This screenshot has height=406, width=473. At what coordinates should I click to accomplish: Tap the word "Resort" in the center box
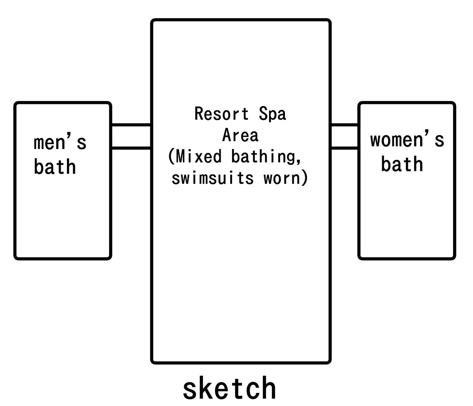click(x=222, y=114)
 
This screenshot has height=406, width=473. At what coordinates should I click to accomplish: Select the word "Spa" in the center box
click(x=272, y=114)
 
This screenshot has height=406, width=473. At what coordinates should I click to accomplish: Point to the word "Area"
click(x=240, y=135)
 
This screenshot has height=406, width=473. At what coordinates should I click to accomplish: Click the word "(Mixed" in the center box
click(x=195, y=156)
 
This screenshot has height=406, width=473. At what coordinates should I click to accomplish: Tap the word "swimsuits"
click(x=213, y=178)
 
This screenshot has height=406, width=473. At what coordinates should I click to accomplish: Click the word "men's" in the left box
click(x=60, y=143)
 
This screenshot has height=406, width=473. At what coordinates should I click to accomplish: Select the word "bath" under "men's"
click(x=55, y=167)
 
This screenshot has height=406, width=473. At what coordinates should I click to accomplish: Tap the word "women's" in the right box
click(x=407, y=140)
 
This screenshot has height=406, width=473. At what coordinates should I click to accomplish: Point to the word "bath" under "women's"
click(x=402, y=164)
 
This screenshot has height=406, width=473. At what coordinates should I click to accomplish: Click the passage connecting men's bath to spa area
click(x=131, y=137)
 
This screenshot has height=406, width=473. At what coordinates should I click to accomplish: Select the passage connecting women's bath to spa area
click(x=344, y=137)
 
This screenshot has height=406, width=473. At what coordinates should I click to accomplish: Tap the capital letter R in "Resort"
click(x=199, y=114)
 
